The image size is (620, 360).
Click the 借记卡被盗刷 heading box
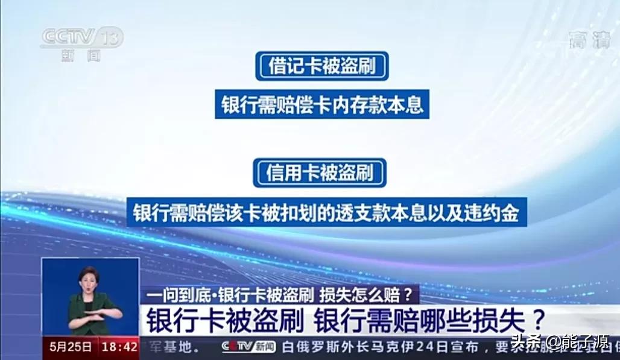(x=321, y=66)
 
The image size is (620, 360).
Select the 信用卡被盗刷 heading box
(x=320, y=173)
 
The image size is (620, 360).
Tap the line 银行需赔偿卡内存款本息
(x=321, y=104)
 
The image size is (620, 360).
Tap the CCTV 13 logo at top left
(x=81, y=38)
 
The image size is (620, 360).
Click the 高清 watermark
(x=589, y=40)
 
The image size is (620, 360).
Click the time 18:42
(x=119, y=347)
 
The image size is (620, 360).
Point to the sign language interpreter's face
(x=88, y=281)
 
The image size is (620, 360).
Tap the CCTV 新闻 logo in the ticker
(x=248, y=347)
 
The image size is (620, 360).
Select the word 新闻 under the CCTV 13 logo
(x=80, y=56)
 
